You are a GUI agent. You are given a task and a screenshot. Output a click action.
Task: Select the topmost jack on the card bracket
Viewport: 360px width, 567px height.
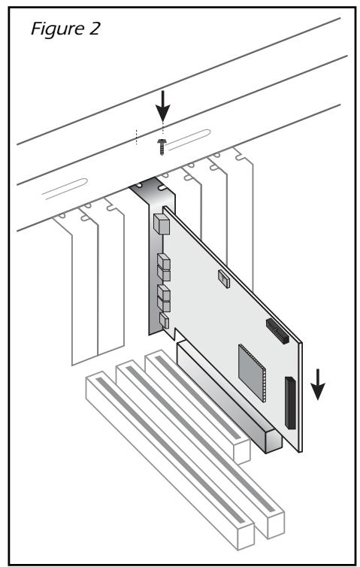click(x=159, y=224)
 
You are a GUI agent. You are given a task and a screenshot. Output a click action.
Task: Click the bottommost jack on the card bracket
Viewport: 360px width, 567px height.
click(x=164, y=324)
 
